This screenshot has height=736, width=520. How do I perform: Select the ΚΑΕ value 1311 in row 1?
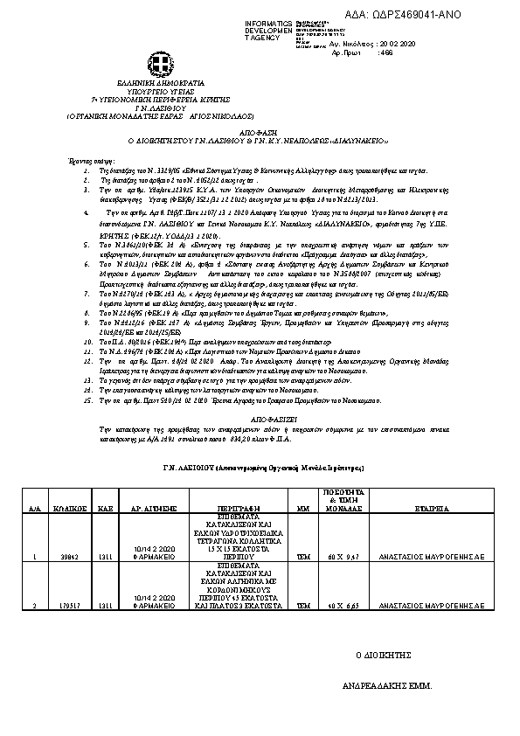point(103,557)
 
